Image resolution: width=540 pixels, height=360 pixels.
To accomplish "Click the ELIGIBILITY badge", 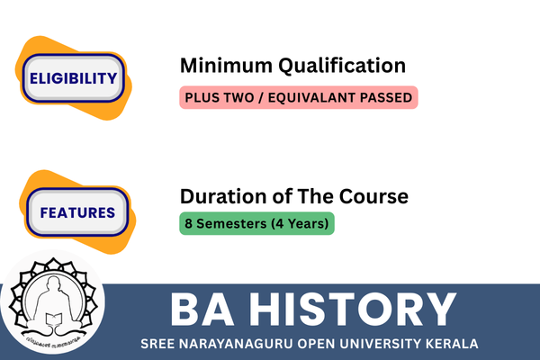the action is click(74, 78).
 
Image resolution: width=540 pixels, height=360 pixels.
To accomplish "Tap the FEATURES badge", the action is click(77, 212).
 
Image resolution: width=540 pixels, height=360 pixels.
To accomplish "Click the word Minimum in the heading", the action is click(226, 65).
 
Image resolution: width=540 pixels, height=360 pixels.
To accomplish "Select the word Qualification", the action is click(342, 66).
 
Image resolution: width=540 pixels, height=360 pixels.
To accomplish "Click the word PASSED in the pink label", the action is click(386, 97).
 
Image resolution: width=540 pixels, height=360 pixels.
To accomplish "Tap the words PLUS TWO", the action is click(220, 97).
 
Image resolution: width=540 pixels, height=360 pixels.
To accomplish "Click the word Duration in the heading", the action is click(223, 196).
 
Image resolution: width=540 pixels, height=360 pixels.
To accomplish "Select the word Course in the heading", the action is click(373, 196).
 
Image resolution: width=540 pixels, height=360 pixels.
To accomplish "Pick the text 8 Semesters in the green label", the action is click(226, 223).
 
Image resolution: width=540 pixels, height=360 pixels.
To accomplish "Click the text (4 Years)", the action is click(300, 223).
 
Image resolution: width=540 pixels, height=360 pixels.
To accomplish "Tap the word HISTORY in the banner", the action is click(354, 309).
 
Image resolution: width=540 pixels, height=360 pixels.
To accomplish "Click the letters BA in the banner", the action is click(202, 309).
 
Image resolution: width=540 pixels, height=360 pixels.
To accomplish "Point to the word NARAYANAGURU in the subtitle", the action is click(236, 344).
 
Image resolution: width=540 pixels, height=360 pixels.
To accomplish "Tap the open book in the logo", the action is click(54, 319).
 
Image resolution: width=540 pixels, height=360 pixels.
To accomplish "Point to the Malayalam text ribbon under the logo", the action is click(53, 341).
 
